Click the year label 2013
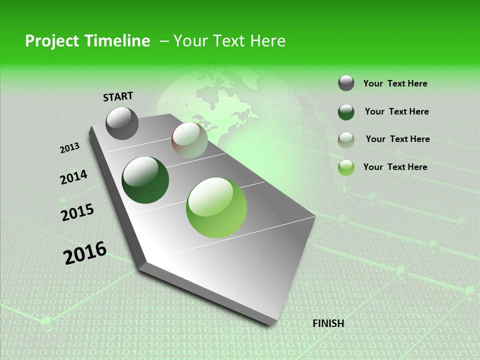[x=70, y=148]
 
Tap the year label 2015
[x=77, y=212]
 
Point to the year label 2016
[x=85, y=252]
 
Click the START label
[x=118, y=96]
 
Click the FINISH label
[x=328, y=323]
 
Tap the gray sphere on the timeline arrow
[x=122, y=123]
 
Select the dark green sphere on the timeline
[x=145, y=180]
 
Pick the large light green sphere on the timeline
[x=216, y=207]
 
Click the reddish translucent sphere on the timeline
[x=189, y=140]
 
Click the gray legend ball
[x=346, y=83]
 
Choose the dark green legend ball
[x=346, y=112]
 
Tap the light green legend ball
[x=346, y=167]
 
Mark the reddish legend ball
[x=346, y=139]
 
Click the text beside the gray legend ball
[x=395, y=83]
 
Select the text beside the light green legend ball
[x=395, y=167]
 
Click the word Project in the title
[x=51, y=41]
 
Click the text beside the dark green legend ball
[x=396, y=111]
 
